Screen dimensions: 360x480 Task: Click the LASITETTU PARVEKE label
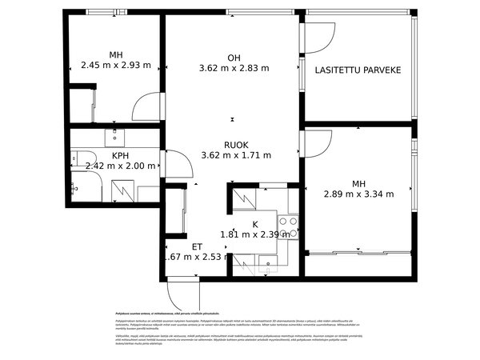[x=358, y=70]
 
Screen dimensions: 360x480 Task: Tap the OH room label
[x=234, y=57]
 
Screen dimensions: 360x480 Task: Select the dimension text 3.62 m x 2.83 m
[x=234, y=68]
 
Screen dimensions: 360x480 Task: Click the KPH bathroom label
[x=121, y=156]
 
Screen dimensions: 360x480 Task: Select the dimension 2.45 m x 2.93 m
[x=116, y=66]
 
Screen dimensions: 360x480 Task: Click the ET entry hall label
[x=197, y=246]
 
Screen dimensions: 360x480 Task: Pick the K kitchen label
[x=255, y=225]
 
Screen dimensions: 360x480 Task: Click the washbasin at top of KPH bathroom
[x=115, y=134]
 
